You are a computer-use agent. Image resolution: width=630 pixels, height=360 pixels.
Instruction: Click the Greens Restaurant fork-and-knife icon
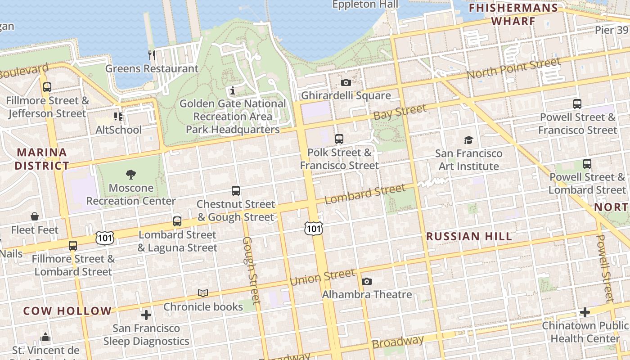[152, 55]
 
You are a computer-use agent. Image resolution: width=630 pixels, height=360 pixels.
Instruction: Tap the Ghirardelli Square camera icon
[346, 82]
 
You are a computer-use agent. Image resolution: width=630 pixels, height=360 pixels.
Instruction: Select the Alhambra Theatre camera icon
[367, 281]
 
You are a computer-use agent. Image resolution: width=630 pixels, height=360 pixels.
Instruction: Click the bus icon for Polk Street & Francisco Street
[339, 139]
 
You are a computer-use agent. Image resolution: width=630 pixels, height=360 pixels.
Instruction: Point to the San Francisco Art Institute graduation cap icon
[468, 140]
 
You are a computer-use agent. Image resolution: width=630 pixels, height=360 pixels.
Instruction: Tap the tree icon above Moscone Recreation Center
[131, 174]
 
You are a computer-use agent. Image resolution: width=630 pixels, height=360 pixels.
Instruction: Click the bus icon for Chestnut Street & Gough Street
[235, 190]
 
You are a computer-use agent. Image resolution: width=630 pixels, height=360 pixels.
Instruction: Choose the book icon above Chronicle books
[203, 293]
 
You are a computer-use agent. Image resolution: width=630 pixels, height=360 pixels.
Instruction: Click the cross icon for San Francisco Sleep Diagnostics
[146, 315]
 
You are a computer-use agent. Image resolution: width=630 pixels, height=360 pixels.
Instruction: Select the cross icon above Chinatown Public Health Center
[585, 312]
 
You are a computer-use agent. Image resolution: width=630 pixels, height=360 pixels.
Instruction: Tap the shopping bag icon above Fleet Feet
[35, 216]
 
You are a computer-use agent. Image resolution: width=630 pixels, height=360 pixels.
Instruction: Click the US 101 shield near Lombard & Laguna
[104, 237]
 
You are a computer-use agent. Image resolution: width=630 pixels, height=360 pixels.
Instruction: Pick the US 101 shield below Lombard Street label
[313, 228]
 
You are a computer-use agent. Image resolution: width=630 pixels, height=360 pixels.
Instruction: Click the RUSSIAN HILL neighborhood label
[468, 236]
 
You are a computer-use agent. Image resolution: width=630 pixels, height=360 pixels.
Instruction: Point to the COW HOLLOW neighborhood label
[67, 311]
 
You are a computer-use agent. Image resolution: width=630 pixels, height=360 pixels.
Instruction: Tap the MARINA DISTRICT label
[42, 159]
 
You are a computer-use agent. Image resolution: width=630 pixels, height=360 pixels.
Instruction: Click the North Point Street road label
[513, 68]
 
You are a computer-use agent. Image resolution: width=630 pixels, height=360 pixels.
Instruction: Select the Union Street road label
[322, 277]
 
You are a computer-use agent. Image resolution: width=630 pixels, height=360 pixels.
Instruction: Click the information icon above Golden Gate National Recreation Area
[233, 90]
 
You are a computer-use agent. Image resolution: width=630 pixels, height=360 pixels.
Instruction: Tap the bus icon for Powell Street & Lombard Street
[587, 164]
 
